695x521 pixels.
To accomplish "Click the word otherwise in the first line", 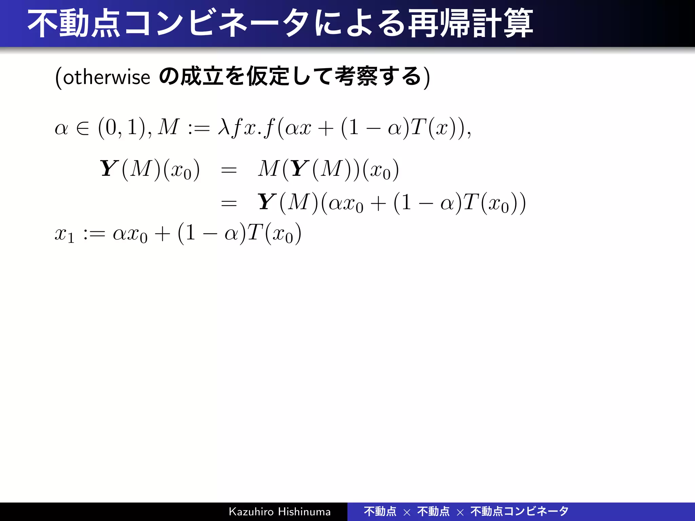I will click(x=107, y=77).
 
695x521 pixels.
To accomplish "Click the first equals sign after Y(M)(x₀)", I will click(x=229, y=170).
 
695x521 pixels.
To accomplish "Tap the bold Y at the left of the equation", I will click(x=109, y=169).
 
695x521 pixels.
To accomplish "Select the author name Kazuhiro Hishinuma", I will click(x=280, y=512).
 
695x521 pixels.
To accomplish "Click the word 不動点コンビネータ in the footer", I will click(x=519, y=511).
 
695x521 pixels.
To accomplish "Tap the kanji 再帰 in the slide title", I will click(x=438, y=24).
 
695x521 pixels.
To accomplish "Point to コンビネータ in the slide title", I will click(x=217, y=24).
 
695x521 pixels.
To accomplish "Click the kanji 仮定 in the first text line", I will click(x=268, y=76).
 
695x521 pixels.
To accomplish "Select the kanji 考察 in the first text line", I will click(x=356, y=76).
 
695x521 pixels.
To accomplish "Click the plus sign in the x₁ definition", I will click(x=162, y=234).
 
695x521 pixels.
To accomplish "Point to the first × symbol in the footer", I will click(x=407, y=512).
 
